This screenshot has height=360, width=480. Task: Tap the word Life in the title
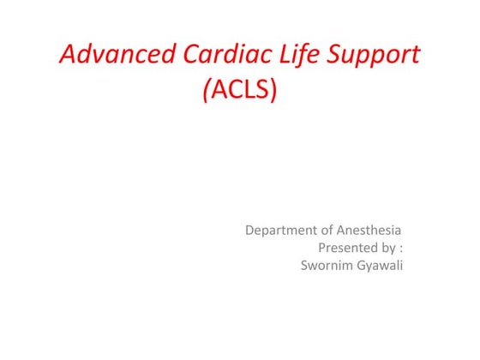click(x=292, y=56)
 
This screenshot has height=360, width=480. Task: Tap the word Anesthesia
click(x=372, y=230)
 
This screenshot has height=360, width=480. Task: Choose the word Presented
click(x=346, y=248)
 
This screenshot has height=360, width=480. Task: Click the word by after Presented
click(x=387, y=249)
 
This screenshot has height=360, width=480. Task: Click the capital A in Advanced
click(x=68, y=56)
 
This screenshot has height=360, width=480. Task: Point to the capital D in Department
click(x=250, y=230)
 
